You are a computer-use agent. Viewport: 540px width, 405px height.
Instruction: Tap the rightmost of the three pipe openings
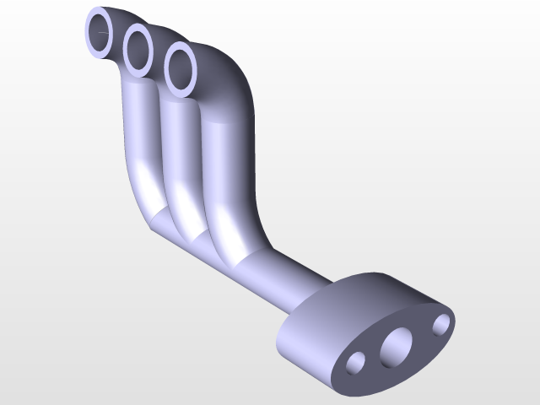[181, 67]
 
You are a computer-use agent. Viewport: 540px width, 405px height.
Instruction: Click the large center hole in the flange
[395, 347]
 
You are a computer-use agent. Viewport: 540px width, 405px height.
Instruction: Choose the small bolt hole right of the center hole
[440, 323]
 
